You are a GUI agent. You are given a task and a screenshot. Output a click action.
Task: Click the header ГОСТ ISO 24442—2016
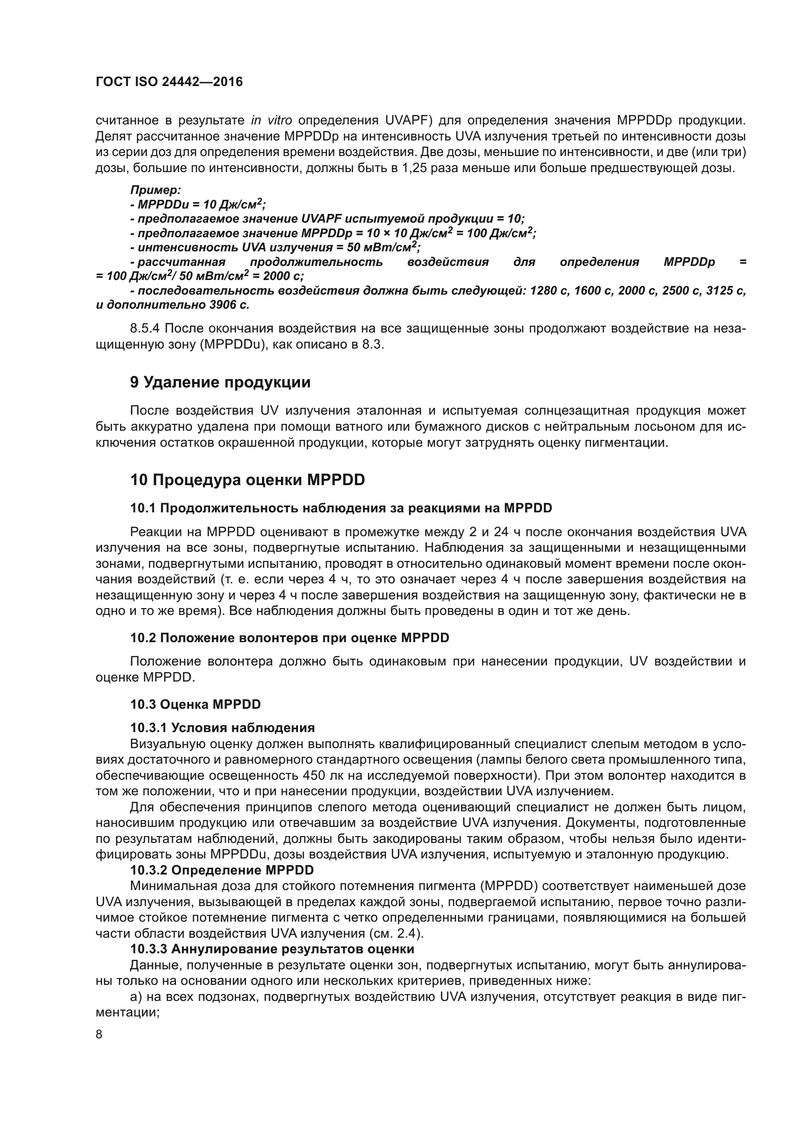(x=169, y=82)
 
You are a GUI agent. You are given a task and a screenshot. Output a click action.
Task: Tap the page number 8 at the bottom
(x=99, y=1034)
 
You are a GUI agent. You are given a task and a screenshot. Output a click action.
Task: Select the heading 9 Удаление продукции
(x=220, y=382)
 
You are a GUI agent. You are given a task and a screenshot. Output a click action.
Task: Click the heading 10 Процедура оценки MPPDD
(x=247, y=480)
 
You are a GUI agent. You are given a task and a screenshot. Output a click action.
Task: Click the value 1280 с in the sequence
(x=548, y=291)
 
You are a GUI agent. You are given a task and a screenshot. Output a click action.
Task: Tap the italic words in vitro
(x=271, y=121)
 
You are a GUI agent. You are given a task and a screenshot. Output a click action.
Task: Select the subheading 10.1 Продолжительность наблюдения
(x=341, y=508)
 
